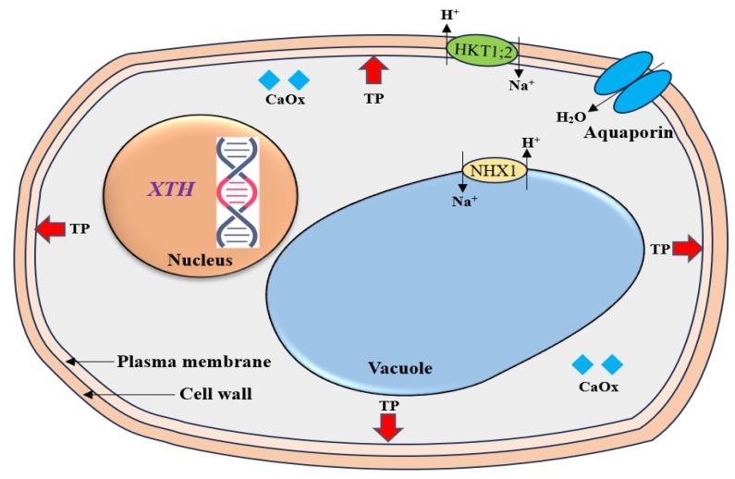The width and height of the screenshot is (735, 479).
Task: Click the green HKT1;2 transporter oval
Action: [x=484, y=49]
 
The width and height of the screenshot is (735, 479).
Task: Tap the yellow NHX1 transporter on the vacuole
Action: [x=493, y=170]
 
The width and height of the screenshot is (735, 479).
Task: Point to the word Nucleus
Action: [x=200, y=261]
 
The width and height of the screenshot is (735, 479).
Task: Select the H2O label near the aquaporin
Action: [x=570, y=117]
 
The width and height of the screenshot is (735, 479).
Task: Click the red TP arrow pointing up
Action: [x=374, y=70]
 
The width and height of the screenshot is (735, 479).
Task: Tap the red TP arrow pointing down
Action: [x=388, y=426]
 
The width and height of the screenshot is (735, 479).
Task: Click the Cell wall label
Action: [x=214, y=393]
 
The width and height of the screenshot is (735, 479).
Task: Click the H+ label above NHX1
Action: [x=531, y=143]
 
